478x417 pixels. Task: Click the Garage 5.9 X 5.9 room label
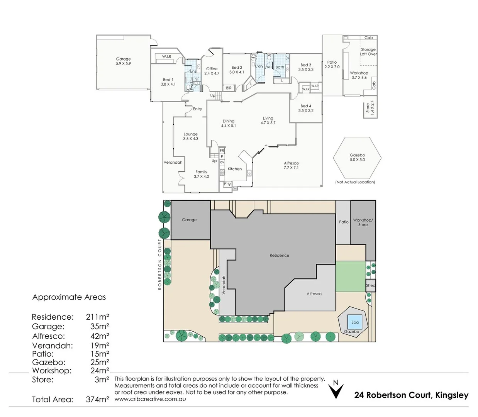(x=123, y=61)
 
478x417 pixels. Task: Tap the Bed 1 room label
(x=168, y=82)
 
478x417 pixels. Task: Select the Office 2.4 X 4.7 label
(x=212, y=71)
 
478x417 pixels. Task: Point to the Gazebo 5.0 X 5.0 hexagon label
(x=357, y=157)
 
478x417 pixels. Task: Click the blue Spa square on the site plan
(x=355, y=322)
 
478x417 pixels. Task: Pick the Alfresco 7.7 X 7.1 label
(x=291, y=165)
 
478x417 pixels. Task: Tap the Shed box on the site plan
(x=370, y=285)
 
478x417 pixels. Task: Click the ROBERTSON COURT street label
(x=159, y=264)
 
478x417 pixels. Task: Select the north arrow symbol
(x=336, y=390)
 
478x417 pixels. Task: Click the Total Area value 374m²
(x=97, y=400)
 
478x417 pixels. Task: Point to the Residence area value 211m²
(x=97, y=317)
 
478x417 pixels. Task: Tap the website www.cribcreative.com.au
(x=150, y=399)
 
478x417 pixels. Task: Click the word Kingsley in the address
(x=452, y=395)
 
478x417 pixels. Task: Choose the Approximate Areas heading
(x=69, y=297)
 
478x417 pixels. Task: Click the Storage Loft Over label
(x=368, y=52)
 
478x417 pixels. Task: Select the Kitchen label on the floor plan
(x=235, y=169)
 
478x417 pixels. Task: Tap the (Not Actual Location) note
(x=355, y=182)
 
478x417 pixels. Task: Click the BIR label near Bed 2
(x=229, y=88)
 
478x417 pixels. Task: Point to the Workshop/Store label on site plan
(x=363, y=222)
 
